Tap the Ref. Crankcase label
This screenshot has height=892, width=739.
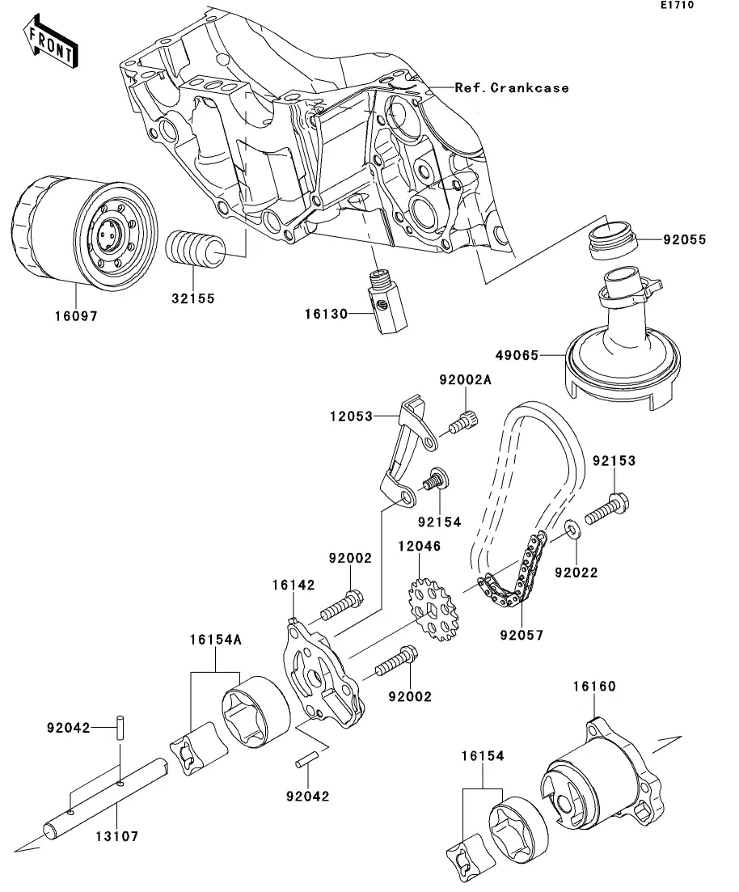coord(511,87)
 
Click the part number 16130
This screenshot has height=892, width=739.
coord(327,313)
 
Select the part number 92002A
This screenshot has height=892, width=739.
coord(466,380)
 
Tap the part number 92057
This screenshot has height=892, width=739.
coord(522,636)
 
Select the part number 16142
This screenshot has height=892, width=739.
coord(293,585)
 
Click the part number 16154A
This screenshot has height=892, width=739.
coord(216,639)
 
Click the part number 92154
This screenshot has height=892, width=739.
coord(439,522)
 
